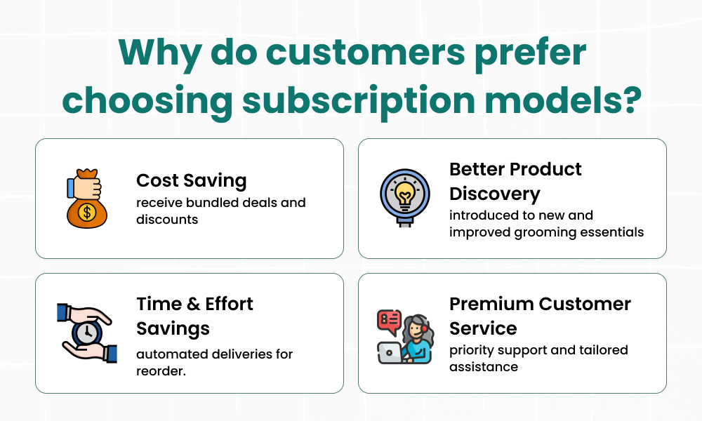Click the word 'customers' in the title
[x=365, y=53]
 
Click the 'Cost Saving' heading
[x=191, y=181]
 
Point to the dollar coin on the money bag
[x=87, y=212]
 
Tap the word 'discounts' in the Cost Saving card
[x=167, y=220]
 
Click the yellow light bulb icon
[x=405, y=193]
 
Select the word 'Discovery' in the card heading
[x=495, y=194]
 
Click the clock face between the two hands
[x=87, y=333]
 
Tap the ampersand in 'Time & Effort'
[x=193, y=305]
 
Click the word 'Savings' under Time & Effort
[x=173, y=329]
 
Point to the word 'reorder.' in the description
[x=161, y=371]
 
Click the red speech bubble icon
[x=389, y=321]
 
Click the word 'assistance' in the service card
[x=484, y=367]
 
